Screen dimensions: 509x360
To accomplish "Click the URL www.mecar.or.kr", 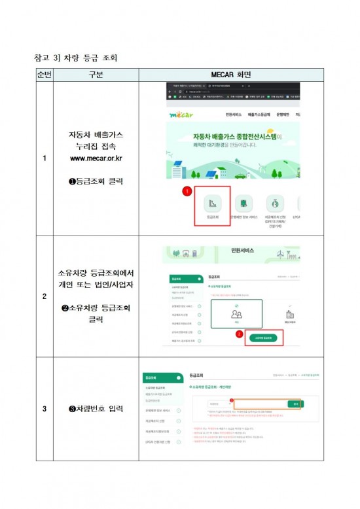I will [96, 158].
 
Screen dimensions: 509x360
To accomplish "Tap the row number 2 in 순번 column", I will [44, 296].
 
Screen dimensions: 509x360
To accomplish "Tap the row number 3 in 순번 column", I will [44, 409].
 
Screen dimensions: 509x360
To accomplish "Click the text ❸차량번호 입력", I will [96, 409].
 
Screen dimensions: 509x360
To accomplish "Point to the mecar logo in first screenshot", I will [181, 115].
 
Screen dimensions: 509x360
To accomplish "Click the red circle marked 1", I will [186, 191].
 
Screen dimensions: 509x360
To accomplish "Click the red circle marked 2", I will [240, 333].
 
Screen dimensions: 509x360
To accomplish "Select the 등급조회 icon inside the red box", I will [211, 204].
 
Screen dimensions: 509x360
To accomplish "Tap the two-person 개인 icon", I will [237, 315].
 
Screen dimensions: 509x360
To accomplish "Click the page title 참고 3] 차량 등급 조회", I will [76, 58].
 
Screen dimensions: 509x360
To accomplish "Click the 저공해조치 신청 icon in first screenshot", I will [274, 204].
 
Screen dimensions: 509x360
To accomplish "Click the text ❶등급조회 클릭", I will [96, 181].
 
